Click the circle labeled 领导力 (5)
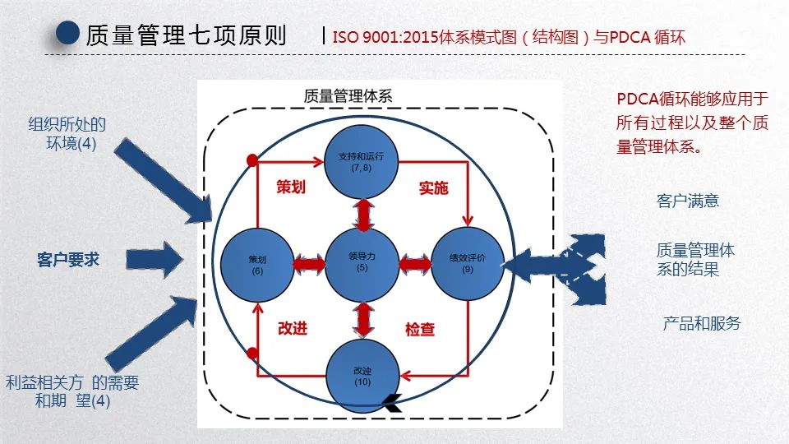(362, 263)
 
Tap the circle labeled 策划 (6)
(257, 264)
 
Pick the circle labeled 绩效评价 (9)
(467, 264)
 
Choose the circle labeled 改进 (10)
(362, 375)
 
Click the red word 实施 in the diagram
(433, 187)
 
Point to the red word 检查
(420, 329)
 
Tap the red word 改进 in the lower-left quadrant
(293, 328)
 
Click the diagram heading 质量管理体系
(348, 95)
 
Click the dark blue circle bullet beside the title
(68, 34)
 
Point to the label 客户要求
(68, 259)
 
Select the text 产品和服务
(701, 323)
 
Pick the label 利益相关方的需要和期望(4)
(72, 391)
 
